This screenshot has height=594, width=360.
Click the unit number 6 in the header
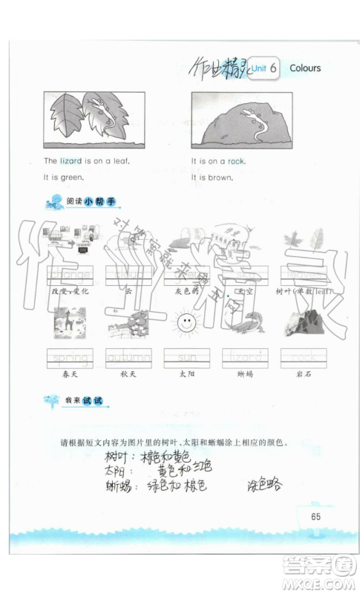pyautogui.click(x=274, y=68)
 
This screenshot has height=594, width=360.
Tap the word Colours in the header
pyautogui.click(x=305, y=68)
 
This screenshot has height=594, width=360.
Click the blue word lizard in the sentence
pyautogui.click(x=72, y=160)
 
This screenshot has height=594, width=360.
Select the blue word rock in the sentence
pyautogui.click(x=236, y=160)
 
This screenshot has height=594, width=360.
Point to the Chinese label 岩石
pyautogui.click(x=302, y=375)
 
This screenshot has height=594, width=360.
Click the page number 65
pyautogui.click(x=315, y=517)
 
